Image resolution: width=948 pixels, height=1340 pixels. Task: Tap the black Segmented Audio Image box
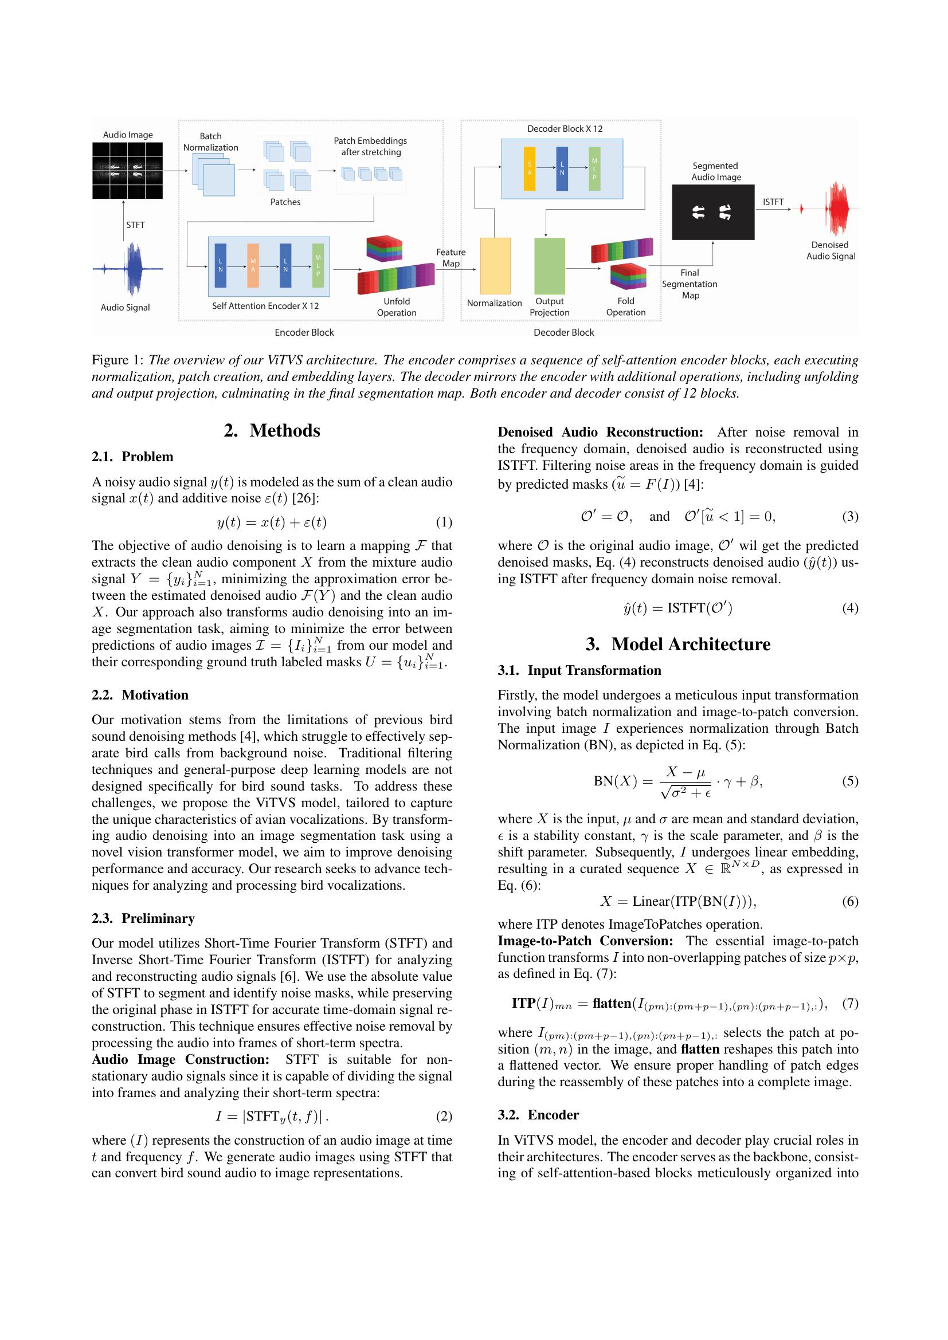tap(713, 212)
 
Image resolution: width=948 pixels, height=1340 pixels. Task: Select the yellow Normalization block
tap(495, 266)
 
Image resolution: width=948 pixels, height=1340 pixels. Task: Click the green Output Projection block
tap(549, 266)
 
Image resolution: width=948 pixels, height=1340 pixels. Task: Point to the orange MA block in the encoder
tap(253, 266)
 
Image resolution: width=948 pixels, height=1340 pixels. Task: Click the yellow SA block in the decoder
tap(530, 168)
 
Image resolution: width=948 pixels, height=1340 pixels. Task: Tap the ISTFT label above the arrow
tap(773, 202)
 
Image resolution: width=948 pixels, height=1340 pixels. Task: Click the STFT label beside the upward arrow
tap(135, 225)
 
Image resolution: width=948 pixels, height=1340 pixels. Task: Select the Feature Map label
tap(451, 257)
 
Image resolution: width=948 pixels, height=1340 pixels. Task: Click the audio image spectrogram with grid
tap(127, 170)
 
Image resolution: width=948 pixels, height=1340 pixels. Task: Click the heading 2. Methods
tap(272, 430)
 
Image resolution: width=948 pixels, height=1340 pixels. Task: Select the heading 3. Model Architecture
tap(677, 644)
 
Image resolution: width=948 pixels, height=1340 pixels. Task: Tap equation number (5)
tap(850, 780)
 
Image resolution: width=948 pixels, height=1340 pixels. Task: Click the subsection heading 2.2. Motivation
tap(140, 694)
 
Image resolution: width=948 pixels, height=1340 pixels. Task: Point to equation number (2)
tap(444, 1116)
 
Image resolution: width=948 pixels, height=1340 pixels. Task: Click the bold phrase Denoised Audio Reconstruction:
tap(600, 432)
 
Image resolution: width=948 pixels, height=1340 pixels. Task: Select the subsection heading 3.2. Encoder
tap(538, 1115)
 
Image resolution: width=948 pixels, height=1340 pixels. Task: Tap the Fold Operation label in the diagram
tap(625, 306)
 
